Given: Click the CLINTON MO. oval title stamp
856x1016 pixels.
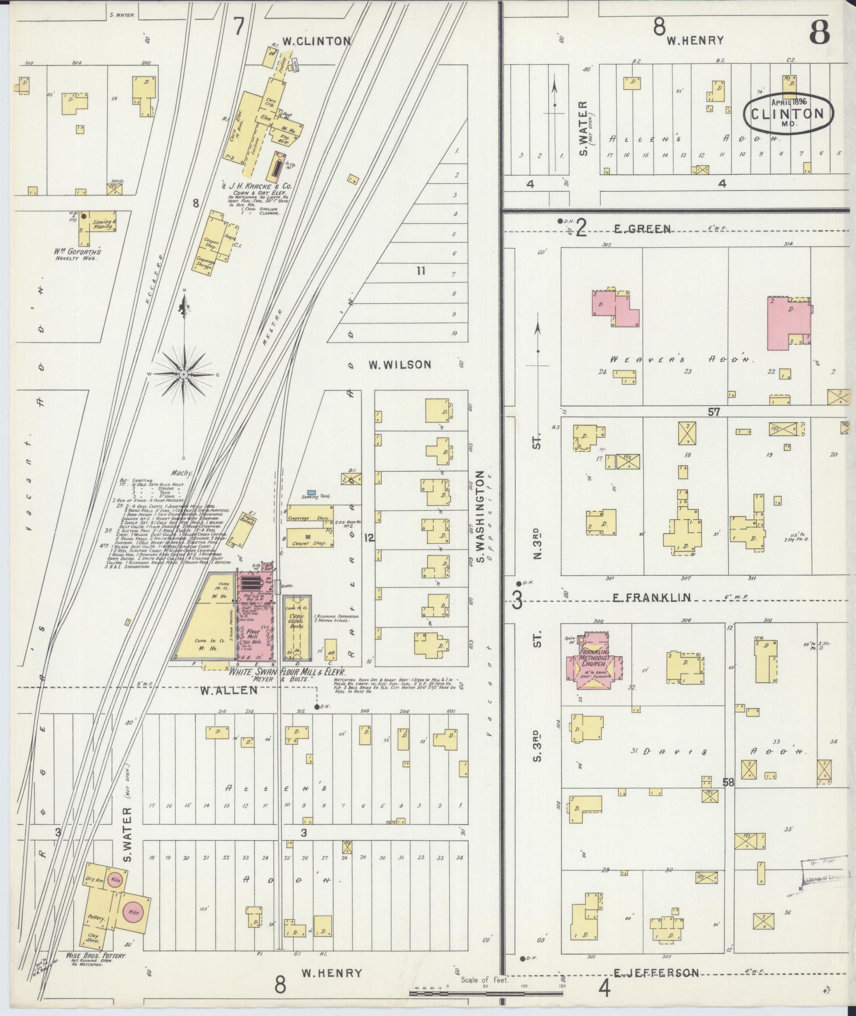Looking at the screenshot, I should click(x=788, y=113).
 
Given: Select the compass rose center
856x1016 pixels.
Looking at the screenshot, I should click(x=183, y=374).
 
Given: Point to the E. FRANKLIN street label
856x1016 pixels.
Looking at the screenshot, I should click(x=652, y=597).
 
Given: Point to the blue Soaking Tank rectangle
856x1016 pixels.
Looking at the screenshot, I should click(x=313, y=492).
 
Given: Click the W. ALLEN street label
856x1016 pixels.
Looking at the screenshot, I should click(x=229, y=690).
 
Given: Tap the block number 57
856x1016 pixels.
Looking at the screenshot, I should click(x=714, y=411).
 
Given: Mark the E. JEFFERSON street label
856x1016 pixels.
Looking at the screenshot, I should click(x=656, y=973).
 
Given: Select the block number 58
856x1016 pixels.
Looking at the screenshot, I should click(x=728, y=782).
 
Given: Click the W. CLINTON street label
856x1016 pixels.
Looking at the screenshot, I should click(x=316, y=41).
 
